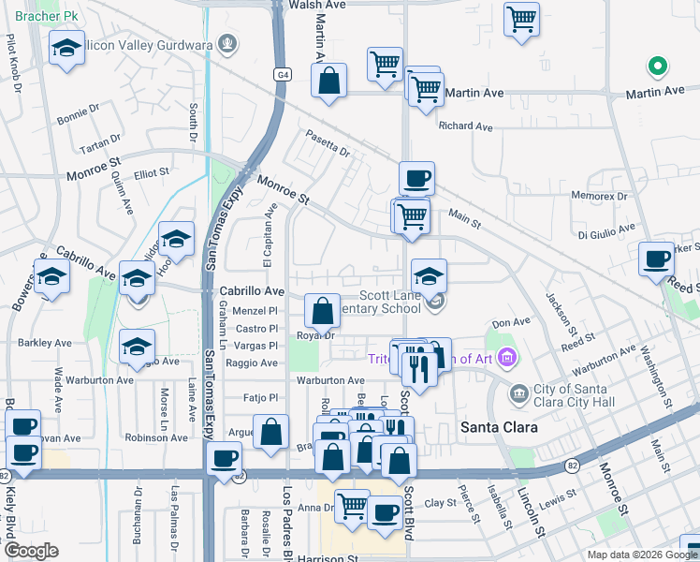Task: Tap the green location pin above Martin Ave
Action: coord(658,67)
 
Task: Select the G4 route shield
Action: coord(282,73)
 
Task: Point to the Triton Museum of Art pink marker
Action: coord(507,357)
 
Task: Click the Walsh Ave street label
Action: coord(317,6)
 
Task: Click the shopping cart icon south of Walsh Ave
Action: coord(521,18)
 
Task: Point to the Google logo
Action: coord(31,551)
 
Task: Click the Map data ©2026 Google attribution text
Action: coord(641,555)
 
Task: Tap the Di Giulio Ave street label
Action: coord(606,228)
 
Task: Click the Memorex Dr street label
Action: coord(600,197)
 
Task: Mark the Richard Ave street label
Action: coord(465,126)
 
